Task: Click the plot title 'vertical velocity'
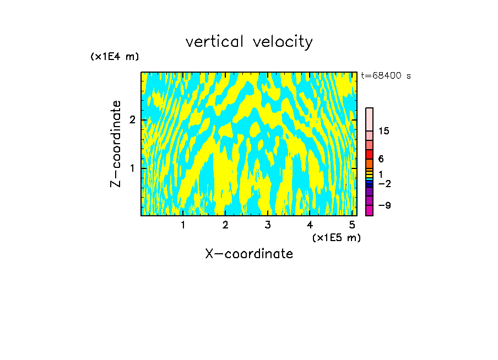click(249, 42)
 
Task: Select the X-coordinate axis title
click(249, 254)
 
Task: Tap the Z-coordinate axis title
click(116, 144)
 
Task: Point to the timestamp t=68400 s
click(386, 76)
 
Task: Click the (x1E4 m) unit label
click(115, 57)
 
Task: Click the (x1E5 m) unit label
click(336, 237)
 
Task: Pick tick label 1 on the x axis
click(183, 225)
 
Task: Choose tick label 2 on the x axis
click(225, 225)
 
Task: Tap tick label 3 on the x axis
click(268, 225)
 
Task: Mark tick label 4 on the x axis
click(310, 225)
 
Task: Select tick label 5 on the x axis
click(352, 225)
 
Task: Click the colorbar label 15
click(384, 131)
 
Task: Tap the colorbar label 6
click(381, 159)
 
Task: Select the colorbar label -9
click(384, 205)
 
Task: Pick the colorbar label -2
click(384, 183)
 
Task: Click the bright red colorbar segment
click(370, 154)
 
